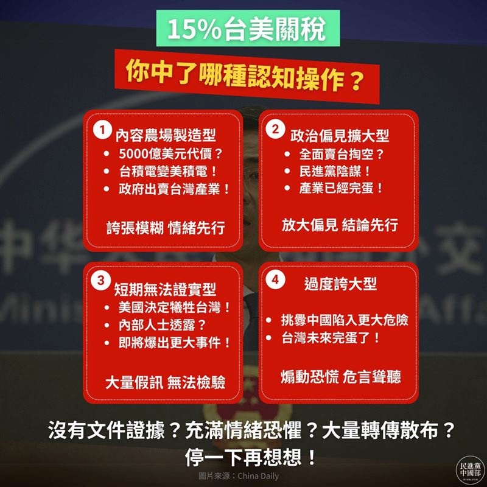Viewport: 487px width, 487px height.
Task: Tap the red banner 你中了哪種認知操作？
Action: tap(243, 75)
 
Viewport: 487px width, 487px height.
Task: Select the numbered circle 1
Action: tap(99, 130)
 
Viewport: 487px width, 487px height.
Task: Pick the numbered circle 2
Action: tap(276, 128)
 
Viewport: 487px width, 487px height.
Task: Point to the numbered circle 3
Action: tap(99, 280)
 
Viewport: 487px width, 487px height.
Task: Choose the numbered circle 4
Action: tap(276, 280)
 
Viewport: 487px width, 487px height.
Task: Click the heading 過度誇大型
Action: tap(340, 284)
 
